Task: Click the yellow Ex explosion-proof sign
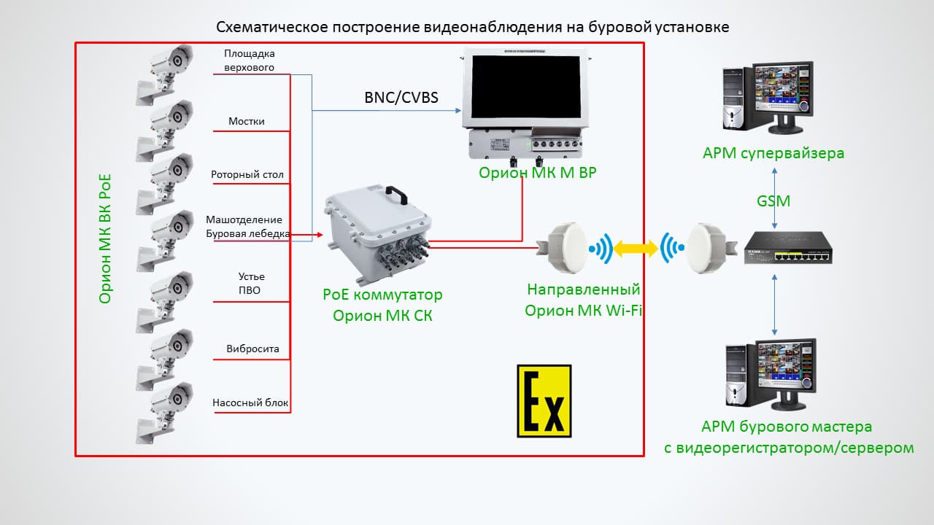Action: tap(544, 401)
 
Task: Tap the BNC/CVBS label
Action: tap(401, 97)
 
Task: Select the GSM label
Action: tap(774, 201)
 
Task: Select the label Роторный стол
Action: tap(247, 175)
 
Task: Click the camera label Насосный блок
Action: tap(250, 402)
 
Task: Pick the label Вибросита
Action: tap(252, 349)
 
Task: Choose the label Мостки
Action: tap(247, 121)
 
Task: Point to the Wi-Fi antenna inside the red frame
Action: tap(566, 246)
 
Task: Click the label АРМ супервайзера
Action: tap(773, 153)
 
